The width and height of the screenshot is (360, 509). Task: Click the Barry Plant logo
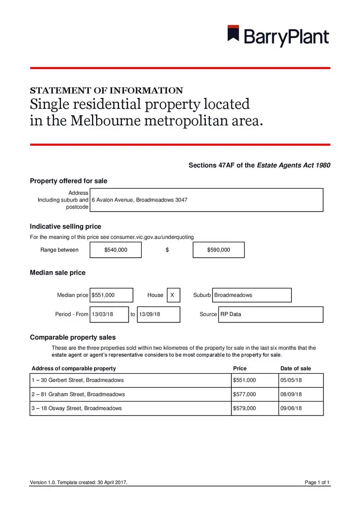click(278, 36)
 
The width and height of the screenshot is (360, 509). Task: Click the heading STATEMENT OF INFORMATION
click(106, 91)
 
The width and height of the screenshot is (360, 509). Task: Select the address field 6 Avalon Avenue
click(206, 200)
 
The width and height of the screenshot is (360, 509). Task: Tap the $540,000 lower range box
click(116, 250)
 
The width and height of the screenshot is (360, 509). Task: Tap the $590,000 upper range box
click(218, 250)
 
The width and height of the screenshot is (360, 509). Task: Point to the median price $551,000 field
click(112, 295)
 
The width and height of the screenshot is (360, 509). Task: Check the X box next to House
click(173, 295)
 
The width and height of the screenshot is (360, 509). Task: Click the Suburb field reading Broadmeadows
click(252, 295)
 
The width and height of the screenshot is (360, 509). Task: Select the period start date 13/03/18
click(109, 314)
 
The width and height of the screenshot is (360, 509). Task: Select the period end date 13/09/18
click(158, 314)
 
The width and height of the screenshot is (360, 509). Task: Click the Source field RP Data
click(270, 314)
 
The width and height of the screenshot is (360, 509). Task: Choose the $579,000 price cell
click(254, 408)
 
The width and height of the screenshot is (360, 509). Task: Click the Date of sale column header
click(296, 368)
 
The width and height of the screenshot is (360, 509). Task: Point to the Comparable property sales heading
click(72, 337)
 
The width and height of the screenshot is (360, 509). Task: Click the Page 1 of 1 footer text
click(317, 482)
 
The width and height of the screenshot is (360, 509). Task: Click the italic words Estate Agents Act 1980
click(294, 166)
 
